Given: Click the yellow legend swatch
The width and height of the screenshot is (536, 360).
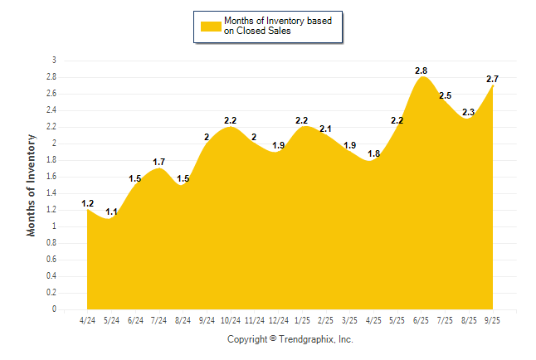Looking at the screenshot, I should pos(210,26).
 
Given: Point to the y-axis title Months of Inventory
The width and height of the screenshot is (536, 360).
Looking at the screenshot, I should pos(32,185).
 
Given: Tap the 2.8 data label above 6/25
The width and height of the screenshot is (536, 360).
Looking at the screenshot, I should pos(422,71).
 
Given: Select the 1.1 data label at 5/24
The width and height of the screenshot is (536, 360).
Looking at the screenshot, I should pos(111,212).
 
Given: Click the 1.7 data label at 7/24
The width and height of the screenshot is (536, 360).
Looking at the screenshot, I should pos(159,162).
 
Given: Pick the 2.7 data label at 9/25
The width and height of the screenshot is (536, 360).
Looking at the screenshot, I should pos(493,79).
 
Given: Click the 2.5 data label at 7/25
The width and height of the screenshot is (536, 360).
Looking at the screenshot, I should pos(445,95).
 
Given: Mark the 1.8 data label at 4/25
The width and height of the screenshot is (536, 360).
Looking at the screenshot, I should pos(373,153).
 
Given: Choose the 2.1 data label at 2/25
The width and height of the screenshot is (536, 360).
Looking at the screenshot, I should pos(325,129).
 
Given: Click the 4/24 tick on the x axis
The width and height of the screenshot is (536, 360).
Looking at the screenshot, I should pos(87,320).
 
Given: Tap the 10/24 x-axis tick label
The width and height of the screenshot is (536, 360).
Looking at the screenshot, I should pos(231,320).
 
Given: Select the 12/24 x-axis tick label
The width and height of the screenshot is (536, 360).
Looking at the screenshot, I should pos(279,320).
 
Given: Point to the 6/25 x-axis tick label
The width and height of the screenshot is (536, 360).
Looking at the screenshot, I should pos(422,320).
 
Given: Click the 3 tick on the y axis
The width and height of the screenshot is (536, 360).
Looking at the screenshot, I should pos(54,61).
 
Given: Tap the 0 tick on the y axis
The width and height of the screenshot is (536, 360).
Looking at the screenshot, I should pos(54,309).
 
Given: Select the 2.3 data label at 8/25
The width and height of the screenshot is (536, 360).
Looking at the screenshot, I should pos(469,112).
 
